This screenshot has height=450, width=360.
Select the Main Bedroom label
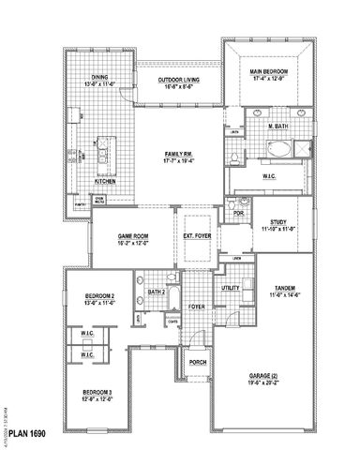pyautogui.click(x=267, y=71)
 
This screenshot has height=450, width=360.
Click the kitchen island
pyautogui.click(x=101, y=150)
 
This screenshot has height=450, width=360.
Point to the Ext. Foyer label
pyautogui.click(x=196, y=236)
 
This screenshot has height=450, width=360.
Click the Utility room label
pyautogui.click(x=232, y=289)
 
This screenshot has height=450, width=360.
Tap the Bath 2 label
pyautogui.click(x=157, y=292)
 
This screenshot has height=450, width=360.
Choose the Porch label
pyautogui.click(x=198, y=360)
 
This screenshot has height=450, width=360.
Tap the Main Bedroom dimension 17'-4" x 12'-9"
pyautogui.click(x=267, y=78)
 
